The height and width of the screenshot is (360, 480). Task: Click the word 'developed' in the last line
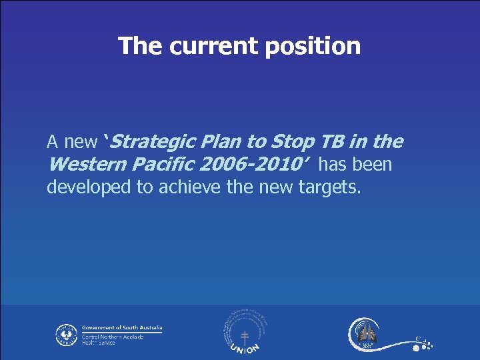(x=89, y=187)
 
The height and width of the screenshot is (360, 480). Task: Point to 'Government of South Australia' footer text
(x=121, y=328)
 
